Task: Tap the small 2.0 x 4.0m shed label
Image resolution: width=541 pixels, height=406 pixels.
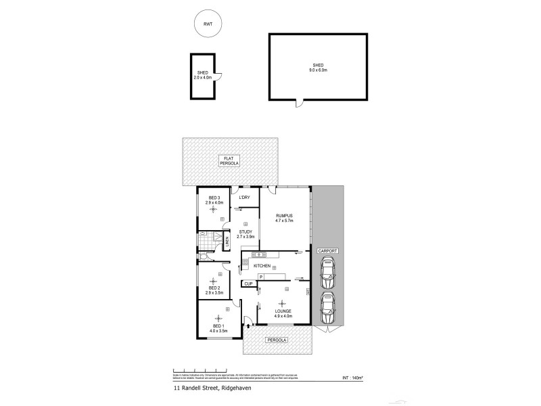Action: (x=203, y=75)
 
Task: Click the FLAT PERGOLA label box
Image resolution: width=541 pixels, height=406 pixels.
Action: (x=230, y=161)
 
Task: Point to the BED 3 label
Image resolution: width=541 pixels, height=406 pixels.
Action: (x=214, y=200)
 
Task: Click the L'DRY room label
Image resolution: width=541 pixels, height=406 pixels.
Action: (x=245, y=197)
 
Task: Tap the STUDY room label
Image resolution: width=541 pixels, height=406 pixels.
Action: (x=245, y=233)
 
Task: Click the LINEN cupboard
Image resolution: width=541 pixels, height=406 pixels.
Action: (x=228, y=240)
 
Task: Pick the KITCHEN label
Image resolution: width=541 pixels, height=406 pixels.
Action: (x=262, y=266)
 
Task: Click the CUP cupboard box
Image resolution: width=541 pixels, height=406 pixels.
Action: (x=248, y=284)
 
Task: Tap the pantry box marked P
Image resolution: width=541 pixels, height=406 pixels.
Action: (x=260, y=276)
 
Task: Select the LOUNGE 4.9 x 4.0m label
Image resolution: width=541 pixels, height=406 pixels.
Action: (x=283, y=313)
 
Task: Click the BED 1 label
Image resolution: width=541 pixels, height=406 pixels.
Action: (x=218, y=328)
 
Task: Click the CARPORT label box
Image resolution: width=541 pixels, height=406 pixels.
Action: (x=329, y=250)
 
